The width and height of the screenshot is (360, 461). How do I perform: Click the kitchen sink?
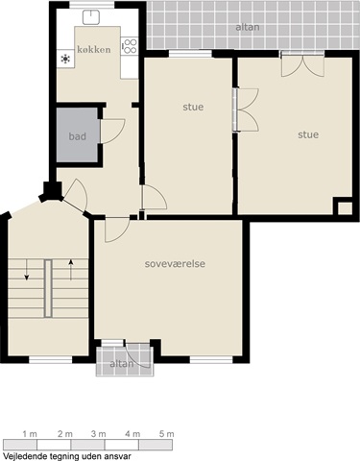point(91,17)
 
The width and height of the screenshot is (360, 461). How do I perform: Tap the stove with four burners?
point(130,46)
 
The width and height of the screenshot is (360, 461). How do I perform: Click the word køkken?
point(94,50)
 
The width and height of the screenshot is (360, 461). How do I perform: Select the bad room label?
point(78,136)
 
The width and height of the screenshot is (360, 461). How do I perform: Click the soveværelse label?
point(175,264)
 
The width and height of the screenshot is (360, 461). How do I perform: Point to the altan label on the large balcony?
point(248,27)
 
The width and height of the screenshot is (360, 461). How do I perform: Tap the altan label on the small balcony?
point(122,364)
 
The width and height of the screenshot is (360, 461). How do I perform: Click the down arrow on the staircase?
point(27,270)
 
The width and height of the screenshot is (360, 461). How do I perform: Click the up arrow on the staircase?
point(71,270)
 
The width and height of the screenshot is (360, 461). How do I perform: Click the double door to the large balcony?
point(302,66)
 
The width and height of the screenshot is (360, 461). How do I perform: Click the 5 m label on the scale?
point(167,434)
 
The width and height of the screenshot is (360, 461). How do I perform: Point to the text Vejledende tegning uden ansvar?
point(67,456)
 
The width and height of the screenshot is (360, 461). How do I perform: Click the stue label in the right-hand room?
point(308,134)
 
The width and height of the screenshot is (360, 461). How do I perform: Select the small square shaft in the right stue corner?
point(345,208)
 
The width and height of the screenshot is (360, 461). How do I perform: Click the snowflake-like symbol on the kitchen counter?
point(65,59)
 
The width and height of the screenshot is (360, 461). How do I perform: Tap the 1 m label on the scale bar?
point(30,434)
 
